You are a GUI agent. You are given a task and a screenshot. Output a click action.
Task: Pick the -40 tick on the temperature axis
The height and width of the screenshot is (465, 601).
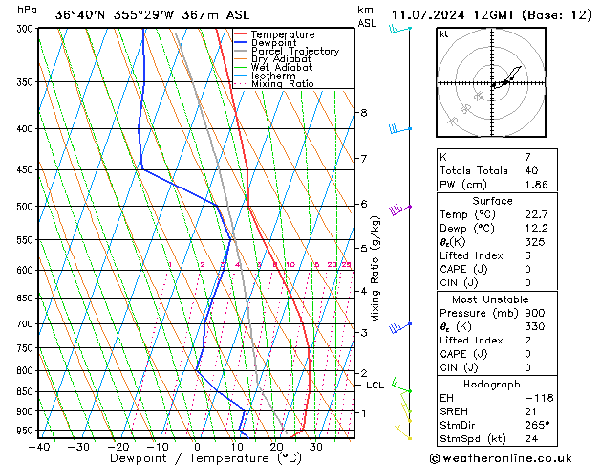click(x=38, y=446)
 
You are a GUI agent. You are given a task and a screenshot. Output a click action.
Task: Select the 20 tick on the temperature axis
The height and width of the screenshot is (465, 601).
click(x=276, y=446)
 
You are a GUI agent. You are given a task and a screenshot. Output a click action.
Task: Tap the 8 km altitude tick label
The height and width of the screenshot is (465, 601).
click(x=364, y=113)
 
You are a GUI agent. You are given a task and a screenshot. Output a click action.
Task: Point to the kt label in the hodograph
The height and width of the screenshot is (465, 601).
click(x=443, y=34)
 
